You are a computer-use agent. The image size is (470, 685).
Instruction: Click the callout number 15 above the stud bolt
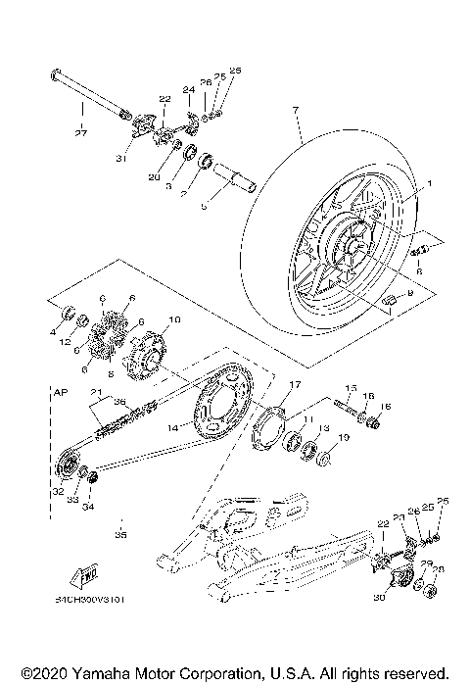(350, 387)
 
